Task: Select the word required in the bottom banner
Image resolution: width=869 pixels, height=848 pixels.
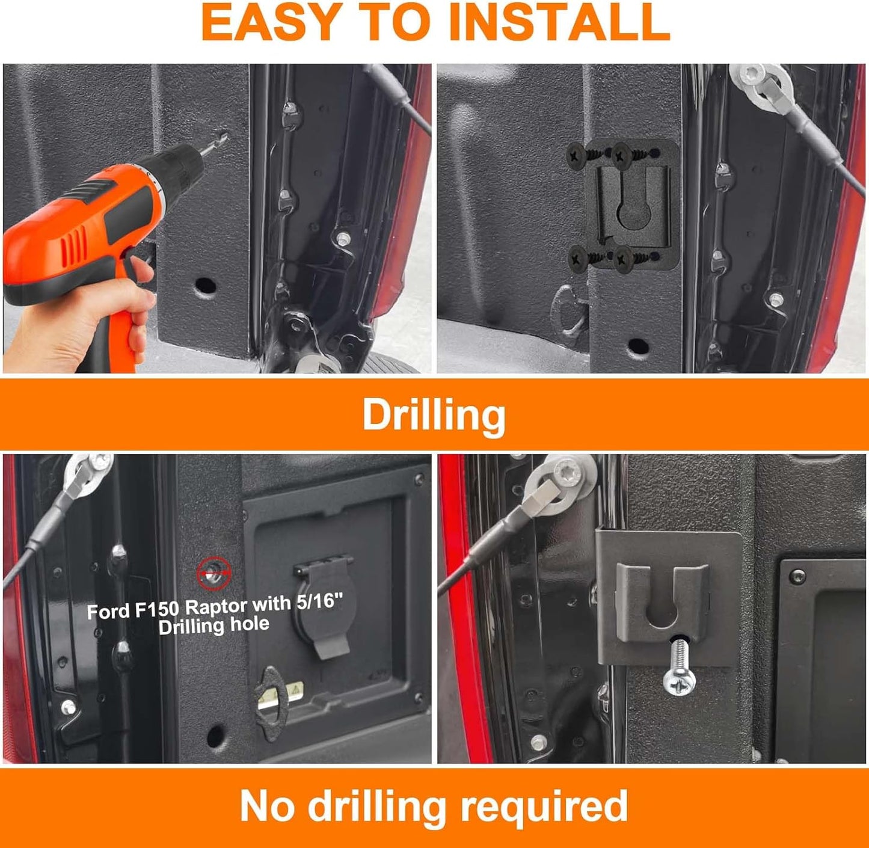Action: coord(544,805)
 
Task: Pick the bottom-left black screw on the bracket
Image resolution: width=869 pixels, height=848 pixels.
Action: coord(579,258)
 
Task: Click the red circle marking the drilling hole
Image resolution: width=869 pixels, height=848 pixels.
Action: coord(214,573)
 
